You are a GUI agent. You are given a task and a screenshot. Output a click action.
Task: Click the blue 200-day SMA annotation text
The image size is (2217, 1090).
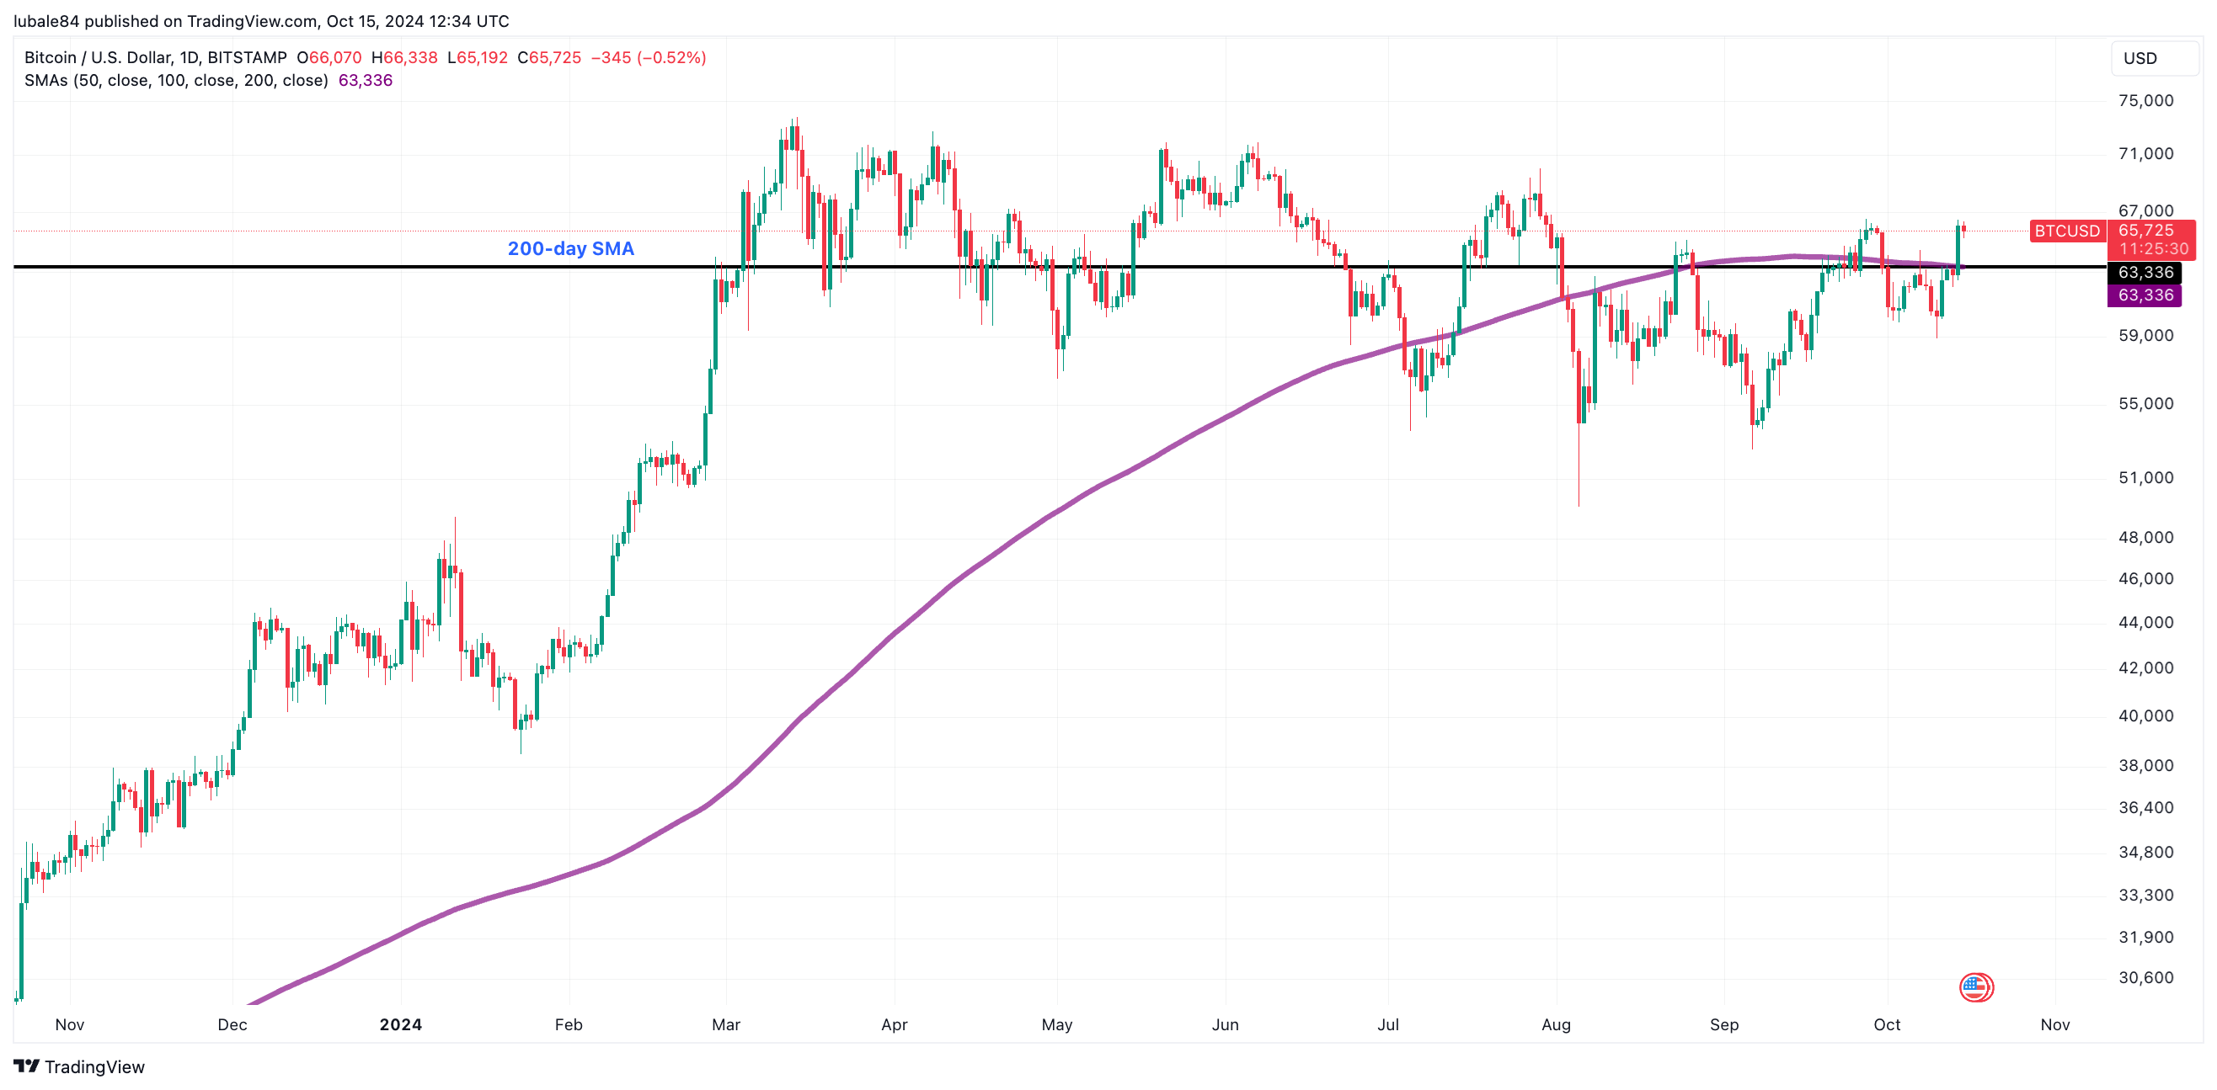point(570,248)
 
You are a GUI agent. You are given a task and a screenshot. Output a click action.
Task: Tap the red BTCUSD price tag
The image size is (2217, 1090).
point(2066,231)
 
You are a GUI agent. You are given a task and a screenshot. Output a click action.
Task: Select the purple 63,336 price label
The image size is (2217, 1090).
point(2145,295)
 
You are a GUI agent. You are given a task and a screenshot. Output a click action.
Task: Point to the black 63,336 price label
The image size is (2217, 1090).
point(2145,273)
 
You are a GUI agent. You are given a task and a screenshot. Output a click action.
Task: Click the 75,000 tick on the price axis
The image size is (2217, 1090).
point(2145,101)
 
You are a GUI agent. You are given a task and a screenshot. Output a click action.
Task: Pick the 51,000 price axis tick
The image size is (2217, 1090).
point(2145,477)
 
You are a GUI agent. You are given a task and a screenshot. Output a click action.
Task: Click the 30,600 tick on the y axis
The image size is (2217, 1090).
point(2145,977)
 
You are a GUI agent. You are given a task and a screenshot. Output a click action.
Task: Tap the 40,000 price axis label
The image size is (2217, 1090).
point(2145,715)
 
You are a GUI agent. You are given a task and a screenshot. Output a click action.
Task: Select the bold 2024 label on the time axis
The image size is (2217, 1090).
point(401,1024)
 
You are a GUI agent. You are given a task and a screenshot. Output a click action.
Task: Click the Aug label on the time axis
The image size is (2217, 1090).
point(1556,1024)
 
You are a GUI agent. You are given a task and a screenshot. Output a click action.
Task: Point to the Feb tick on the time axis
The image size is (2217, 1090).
point(569,1024)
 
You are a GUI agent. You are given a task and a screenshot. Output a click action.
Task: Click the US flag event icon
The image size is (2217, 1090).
point(1975,986)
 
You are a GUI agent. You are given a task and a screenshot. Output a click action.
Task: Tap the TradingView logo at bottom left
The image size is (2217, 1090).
point(79,1066)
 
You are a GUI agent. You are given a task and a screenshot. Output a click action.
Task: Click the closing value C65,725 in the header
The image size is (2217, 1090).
point(549,57)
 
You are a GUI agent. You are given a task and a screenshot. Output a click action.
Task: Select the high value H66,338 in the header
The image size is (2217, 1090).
point(404,57)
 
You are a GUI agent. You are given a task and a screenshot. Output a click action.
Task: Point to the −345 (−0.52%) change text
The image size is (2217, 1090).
point(648,57)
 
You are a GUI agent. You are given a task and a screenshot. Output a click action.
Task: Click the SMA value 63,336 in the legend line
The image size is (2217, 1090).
point(365,80)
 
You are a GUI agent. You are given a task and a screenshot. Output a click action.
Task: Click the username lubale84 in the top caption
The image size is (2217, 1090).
point(46,21)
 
